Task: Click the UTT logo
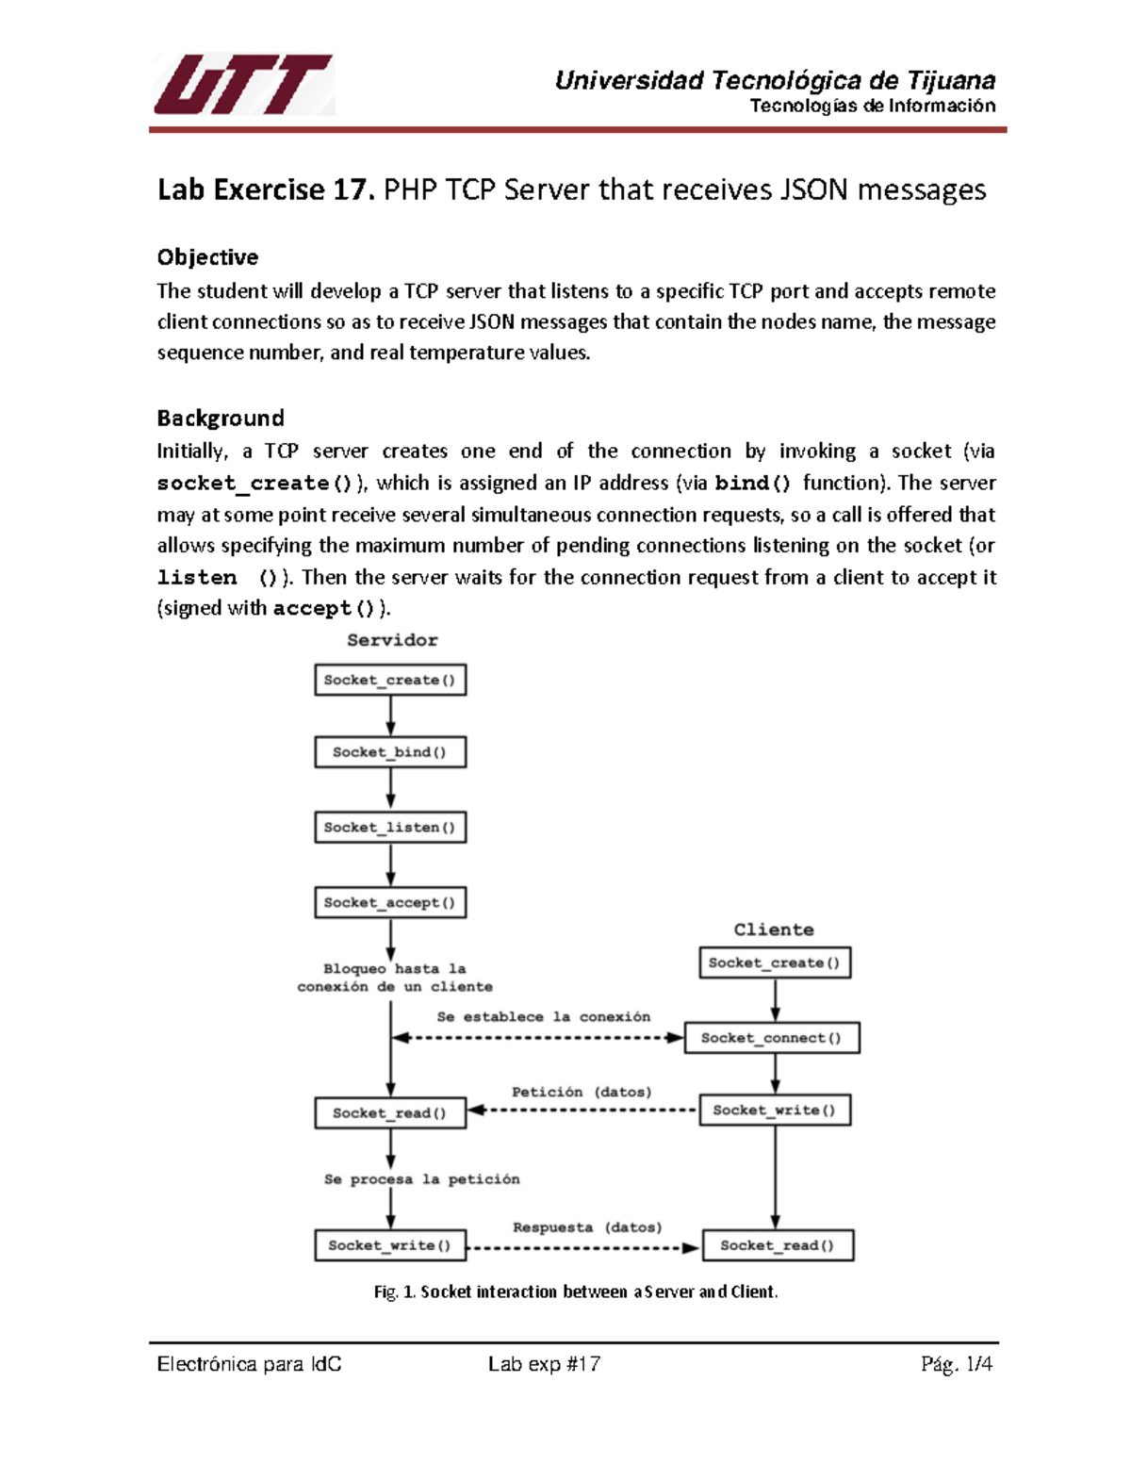pyautogui.click(x=242, y=85)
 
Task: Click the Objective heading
pyautogui.click(x=207, y=257)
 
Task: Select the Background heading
pyautogui.click(x=221, y=418)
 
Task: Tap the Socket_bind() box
pyautogui.click(x=390, y=752)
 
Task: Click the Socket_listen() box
pyautogui.click(x=390, y=828)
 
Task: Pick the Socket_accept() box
pyautogui.click(x=390, y=902)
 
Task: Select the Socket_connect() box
pyautogui.click(x=771, y=1038)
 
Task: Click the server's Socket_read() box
pyautogui.click(x=390, y=1113)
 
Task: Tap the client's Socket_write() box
pyautogui.click(x=775, y=1110)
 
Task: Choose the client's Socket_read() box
pyautogui.click(x=778, y=1245)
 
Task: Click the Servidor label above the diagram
pyautogui.click(x=392, y=640)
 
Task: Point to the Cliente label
pyautogui.click(x=774, y=929)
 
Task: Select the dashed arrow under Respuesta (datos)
pyautogui.click(x=582, y=1248)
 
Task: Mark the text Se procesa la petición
pyautogui.click(x=421, y=1179)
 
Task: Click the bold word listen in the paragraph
pyautogui.click(x=197, y=577)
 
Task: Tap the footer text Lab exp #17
pyautogui.click(x=544, y=1364)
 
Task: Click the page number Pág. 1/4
pyautogui.click(x=957, y=1364)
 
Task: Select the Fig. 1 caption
pyautogui.click(x=576, y=1291)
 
